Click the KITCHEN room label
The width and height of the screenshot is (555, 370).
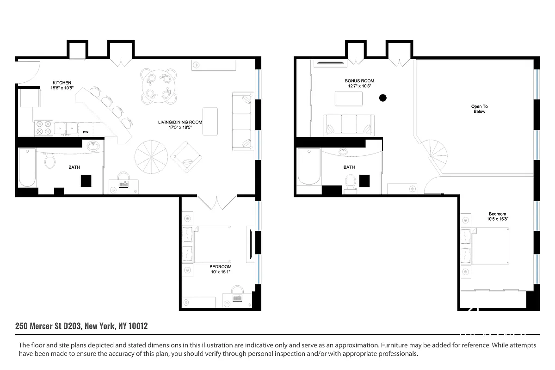coord(62,83)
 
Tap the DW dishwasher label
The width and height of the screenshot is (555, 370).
coord(86,132)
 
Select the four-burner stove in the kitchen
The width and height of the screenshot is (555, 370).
coord(43,128)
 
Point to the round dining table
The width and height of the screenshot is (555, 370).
coord(158,85)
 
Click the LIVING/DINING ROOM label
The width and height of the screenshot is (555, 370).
coord(179,122)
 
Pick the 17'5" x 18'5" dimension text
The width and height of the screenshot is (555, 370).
coord(179,128)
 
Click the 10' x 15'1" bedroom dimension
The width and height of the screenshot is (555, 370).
coord(220,272)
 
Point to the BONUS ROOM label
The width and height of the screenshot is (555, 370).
coord(359,81)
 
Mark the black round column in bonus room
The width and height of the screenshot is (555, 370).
coord(382,98)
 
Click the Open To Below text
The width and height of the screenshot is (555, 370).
coord(479,109)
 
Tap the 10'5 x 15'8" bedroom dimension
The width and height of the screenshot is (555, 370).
coord(498,219)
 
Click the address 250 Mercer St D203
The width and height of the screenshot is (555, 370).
coord(49,326)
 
